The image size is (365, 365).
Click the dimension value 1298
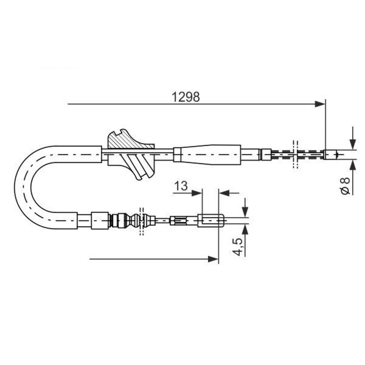(x=185, y=97)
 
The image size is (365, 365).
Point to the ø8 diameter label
(x=345, y=185)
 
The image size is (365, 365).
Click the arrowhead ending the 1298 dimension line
(x=320, y=104)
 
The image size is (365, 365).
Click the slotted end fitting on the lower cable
(x=211, y=220)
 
